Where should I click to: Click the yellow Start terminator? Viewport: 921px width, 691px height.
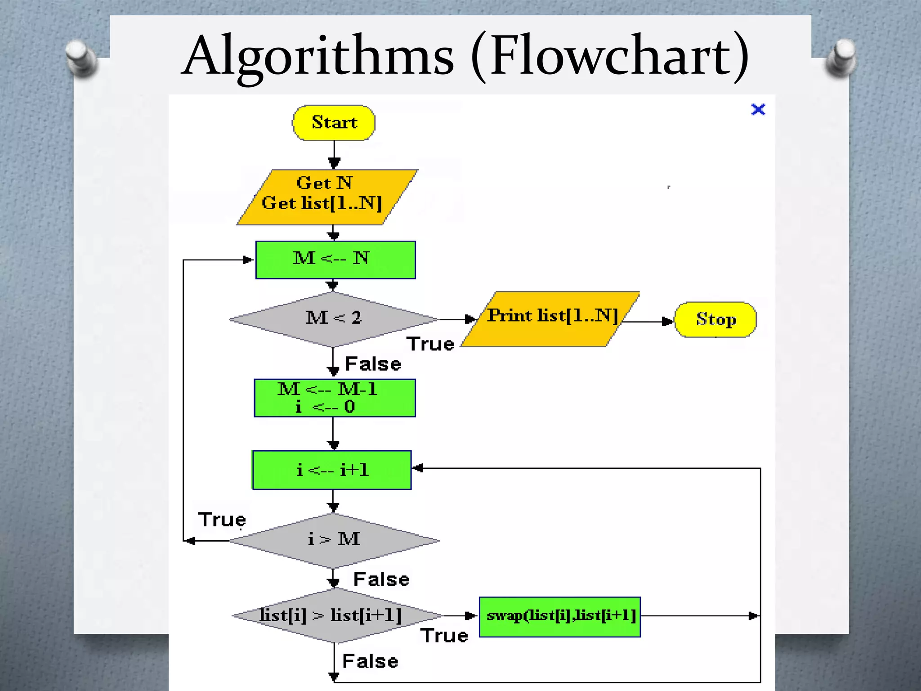(334, 123)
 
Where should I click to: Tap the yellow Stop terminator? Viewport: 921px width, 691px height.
(715, 319)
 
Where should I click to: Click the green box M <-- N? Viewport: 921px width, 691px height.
(335, 260)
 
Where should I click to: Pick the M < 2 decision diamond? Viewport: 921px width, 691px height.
(333, 319)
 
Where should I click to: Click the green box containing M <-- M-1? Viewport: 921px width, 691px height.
(335, 398)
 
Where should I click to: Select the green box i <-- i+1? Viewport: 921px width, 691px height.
(332, 470)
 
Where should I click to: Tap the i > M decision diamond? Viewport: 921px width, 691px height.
(334, 540)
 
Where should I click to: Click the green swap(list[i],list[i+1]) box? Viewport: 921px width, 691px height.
(560, 616)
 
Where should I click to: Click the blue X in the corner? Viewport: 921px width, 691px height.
(758, 109)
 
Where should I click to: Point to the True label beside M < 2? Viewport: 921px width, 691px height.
(430, 344)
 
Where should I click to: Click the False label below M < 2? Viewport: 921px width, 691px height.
(373, 364)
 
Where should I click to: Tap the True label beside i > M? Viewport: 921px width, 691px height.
(222, 520)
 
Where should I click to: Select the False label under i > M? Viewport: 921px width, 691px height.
(381, 579)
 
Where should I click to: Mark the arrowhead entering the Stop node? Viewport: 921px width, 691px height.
(668, 321)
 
